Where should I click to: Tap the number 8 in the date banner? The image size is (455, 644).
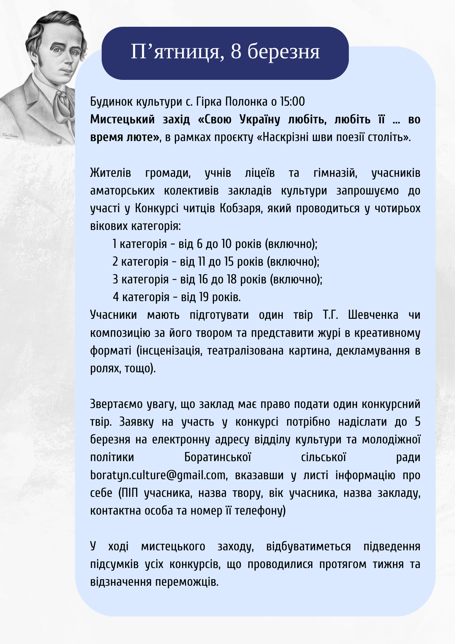[236, 52]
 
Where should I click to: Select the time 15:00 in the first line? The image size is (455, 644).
[292, 102]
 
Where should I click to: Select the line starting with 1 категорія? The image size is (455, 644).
[215, 244]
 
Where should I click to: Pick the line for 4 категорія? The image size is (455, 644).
[177, 297]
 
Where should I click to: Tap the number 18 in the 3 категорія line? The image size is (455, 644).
[232, 279]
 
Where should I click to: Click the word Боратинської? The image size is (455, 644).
[218, 457]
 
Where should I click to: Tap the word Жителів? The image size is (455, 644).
[111, 173]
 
